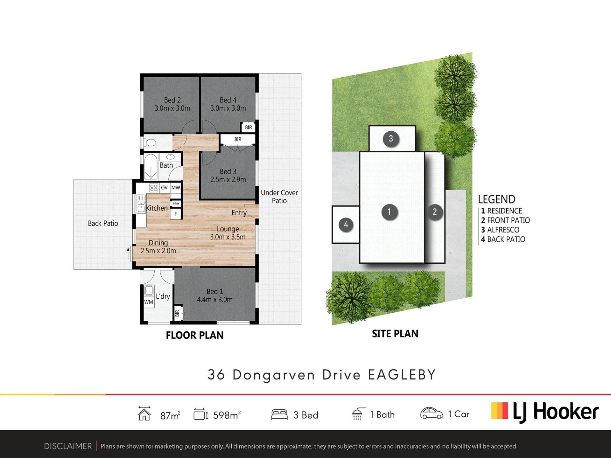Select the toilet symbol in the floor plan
(x=150, y=142)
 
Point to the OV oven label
(x=164, y=188)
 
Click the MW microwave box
(x=176, y=188)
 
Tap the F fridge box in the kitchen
(x=176, y=214)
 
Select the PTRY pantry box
(x=176, y=203)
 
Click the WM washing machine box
(x=149, y=302)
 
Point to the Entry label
(x=239, y=213)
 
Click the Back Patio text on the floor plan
(x=103, y=223)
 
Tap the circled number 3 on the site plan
(x=391, y=139)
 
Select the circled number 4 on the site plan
(x=346, y=225)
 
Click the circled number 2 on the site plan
(x=435, y=212)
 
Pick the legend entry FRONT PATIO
(x=505, y=220)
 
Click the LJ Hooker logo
(x=545, y=412)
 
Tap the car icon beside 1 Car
(x=432, y=413)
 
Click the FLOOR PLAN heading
(x=195, y=335)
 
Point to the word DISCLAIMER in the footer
(x=68, y=446)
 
